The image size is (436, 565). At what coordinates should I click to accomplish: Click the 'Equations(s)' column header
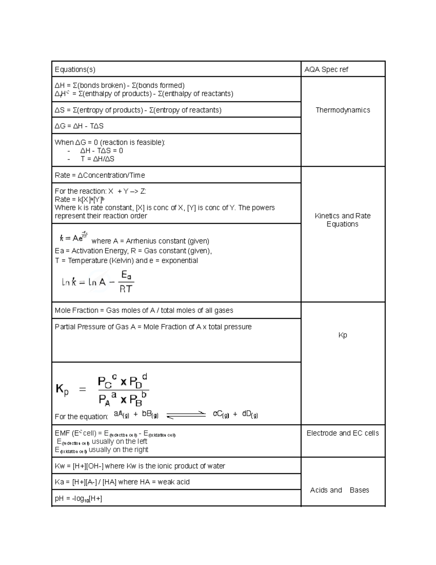[75, 69]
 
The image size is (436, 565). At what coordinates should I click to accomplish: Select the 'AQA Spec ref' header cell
[326, 69]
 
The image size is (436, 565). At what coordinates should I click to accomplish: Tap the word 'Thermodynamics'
[343, 110]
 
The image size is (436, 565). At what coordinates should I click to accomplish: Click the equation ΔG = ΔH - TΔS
[79, 126]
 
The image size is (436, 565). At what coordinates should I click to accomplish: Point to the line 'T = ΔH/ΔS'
[97, 159]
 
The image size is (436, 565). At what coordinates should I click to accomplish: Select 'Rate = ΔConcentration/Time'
[100, 175]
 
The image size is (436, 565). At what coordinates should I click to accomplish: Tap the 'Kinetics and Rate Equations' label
[343, 220]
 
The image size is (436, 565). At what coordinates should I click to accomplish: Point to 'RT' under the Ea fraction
[126, 289]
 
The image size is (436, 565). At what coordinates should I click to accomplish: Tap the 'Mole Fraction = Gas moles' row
[144, 311]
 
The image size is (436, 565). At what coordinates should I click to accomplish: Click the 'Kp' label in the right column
[343, 335]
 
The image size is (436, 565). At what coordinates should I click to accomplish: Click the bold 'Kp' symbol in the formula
[62, 390]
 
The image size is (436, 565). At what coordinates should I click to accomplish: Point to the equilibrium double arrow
[186, 415]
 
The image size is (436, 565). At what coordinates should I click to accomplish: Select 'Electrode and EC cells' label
[343, 433]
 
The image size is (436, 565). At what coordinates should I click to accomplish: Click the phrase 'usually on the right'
[118, 450]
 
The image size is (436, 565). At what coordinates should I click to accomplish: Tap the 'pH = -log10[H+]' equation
[78, 499]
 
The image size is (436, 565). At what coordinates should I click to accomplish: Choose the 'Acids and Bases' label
[339, 490]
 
